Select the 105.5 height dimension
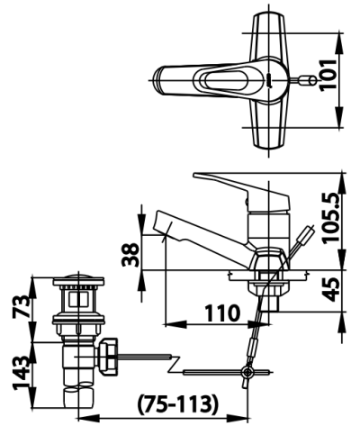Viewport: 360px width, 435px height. click(x=331, y=217)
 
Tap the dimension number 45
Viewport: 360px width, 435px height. click(x=332, y=289)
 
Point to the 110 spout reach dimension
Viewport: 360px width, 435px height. click(x=222, y=313)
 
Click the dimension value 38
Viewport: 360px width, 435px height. click(x=130, y=255)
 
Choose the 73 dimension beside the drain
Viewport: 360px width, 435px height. click(x=21, y=306)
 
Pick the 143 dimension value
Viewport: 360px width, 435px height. click(x=21, y=373)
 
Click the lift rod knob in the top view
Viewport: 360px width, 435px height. click(x=308, y=80)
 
